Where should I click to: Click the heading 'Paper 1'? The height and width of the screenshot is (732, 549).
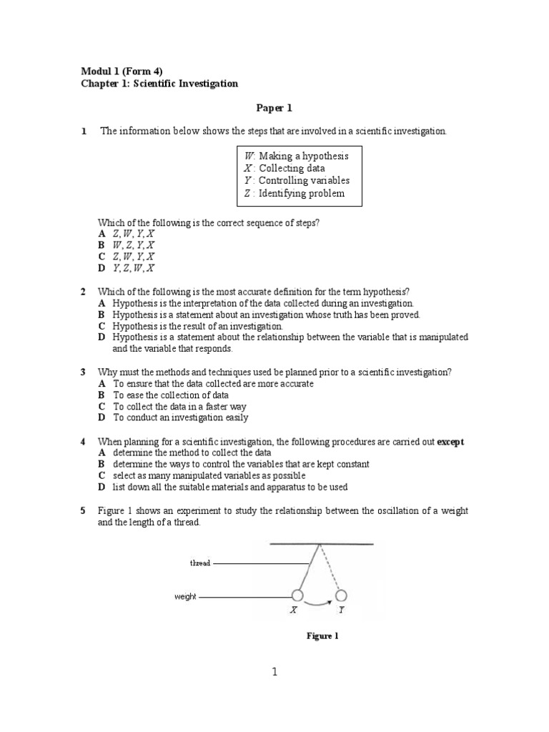(x=274, y=109)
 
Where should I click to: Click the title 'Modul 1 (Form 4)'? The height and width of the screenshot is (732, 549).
(x=121, y=71)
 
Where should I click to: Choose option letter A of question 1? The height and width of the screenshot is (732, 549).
(x=102, y=234)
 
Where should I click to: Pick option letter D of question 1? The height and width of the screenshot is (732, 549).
(x=102, y=268)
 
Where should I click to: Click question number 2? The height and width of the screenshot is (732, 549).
(x=83, y=292)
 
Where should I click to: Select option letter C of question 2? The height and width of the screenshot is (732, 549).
(x=102, y=326)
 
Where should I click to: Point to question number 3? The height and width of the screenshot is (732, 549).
(x=83, y=372)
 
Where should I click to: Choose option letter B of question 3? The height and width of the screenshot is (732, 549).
(x=102, y=395)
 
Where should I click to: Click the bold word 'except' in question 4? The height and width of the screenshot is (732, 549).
(x=450, y=442)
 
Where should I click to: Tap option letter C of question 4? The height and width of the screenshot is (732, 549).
(x=102, y=475)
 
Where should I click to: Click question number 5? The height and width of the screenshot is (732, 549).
(x=83, y=510)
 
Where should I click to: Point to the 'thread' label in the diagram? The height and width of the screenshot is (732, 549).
(x=200, y=563)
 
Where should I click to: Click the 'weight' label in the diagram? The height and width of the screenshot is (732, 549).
(x=185, y=596)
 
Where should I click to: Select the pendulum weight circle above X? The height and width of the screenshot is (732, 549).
(x=297, y=595)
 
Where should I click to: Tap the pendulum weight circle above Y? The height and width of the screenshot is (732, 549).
(x=341, y=595)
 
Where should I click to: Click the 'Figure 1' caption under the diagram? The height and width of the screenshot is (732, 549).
(x=322, y=636)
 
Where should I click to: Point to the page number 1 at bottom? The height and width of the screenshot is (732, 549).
(x=275, y=672)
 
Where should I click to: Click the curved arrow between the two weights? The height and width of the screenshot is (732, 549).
(x=318, y=604)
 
